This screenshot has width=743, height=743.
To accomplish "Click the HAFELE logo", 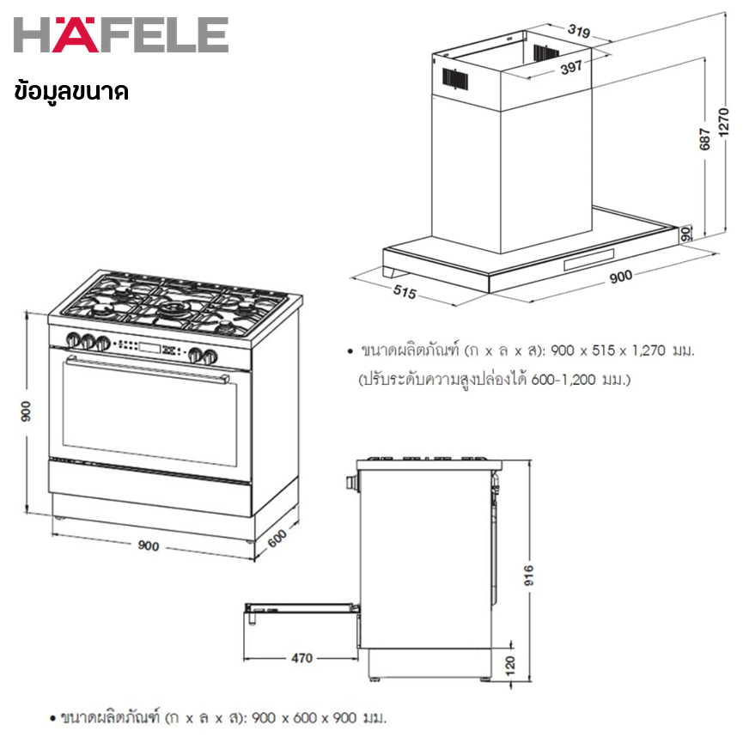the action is point(121,34).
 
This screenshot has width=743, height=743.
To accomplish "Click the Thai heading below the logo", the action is point(71,91).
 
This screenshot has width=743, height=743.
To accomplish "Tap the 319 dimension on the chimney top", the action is point(579,31).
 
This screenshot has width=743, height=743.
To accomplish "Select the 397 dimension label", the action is point(571,68).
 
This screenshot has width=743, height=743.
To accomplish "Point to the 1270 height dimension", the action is point(723,122).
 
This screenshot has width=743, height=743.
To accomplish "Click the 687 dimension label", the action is point(705,139).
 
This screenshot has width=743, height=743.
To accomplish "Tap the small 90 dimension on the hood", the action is point(685,234).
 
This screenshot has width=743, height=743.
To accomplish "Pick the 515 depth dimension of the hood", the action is point(405,292).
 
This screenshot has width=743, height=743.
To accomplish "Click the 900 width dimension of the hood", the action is point(621,277).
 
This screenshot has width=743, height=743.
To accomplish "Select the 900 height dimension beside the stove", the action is point(26,411).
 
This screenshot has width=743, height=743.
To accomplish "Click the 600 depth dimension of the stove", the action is point(277,539).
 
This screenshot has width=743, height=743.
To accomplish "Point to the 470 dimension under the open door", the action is point(301,658).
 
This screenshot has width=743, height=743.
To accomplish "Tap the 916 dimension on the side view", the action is point(529,575).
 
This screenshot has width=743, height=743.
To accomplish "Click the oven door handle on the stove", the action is point(148,368).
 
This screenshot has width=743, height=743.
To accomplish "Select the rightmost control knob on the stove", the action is point(210,356).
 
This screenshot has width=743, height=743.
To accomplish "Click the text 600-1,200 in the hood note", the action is point(563,379).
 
